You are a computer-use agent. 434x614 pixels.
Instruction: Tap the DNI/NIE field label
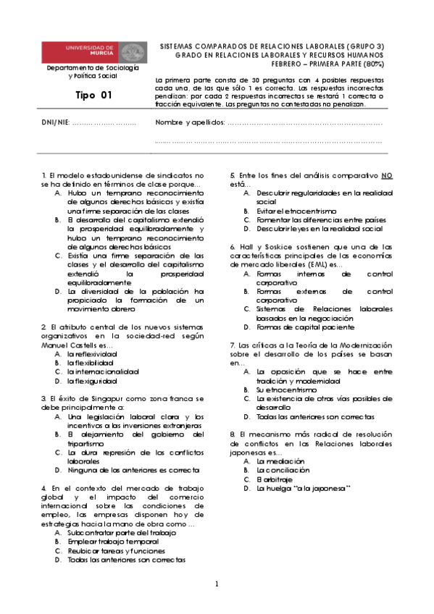pyautogui.click(x=56, y=122)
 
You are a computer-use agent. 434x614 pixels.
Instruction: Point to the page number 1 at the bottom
pyautogui.click(x=216, y=584)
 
